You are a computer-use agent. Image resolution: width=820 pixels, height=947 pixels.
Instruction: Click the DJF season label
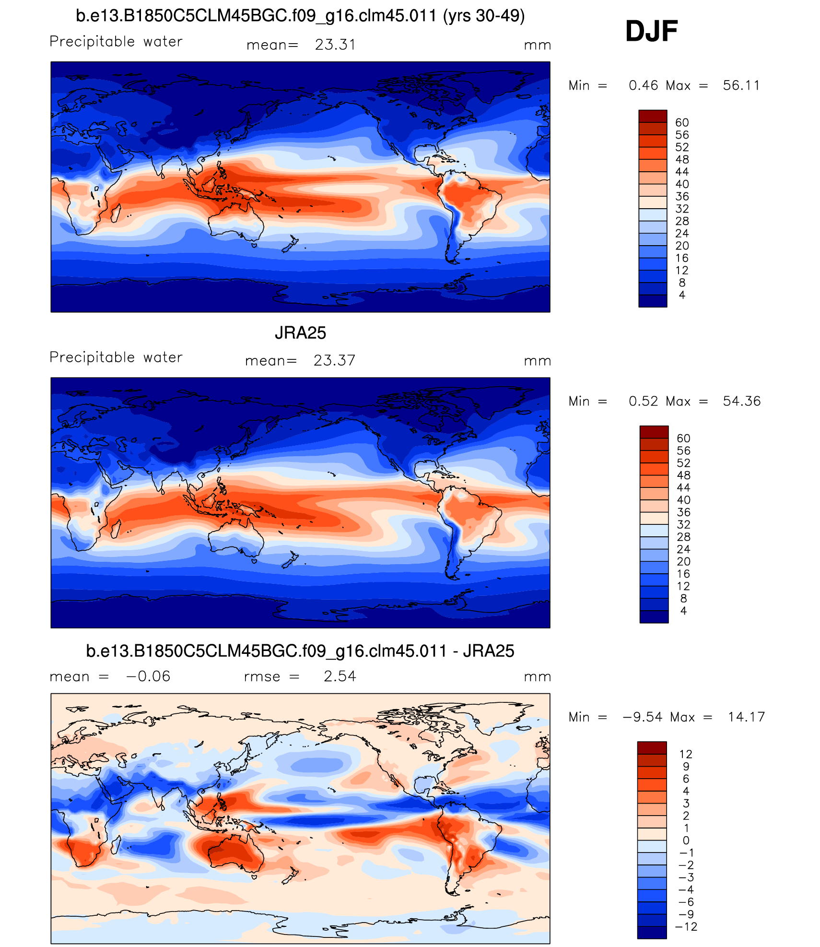(651, 32)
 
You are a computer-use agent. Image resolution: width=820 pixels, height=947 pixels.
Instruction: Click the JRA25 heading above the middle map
(300, 333)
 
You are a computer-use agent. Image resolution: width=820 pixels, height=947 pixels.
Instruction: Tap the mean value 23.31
(335, 45)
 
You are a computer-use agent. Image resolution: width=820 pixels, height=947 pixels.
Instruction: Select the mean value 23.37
(334, 361)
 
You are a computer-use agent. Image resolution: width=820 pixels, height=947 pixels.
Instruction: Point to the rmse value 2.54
(340, 676)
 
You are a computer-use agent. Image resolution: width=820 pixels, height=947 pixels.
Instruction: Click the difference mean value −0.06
(148, 676)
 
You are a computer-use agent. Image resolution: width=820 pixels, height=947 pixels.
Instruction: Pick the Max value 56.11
(741, 86)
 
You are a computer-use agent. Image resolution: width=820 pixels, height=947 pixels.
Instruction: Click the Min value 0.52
(643, 402)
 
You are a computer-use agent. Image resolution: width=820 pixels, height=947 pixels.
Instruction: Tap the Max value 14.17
(746, 717)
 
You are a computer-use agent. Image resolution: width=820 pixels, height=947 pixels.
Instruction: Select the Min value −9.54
(642, 717)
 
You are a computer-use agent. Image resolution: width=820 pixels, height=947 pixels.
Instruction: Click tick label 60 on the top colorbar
(682, 123)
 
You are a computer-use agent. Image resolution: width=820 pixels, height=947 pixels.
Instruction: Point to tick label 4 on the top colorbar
(682, 295)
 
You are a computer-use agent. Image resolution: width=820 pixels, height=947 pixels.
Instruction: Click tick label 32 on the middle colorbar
(683, 525)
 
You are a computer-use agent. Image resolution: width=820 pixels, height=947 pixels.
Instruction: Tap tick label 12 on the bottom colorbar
(686, 754)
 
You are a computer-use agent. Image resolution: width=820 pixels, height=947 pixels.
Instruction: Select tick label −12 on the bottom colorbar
(686, 927)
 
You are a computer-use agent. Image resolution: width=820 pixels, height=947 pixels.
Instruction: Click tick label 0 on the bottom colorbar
(686, 840)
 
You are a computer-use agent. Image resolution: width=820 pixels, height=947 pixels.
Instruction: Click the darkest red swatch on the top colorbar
(653, 116)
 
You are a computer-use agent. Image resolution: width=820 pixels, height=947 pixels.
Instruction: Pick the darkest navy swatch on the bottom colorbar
(652, 933)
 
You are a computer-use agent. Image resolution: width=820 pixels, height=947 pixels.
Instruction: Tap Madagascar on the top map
(116, 213)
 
